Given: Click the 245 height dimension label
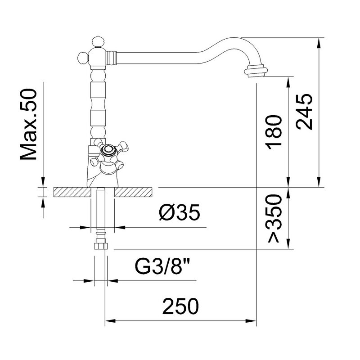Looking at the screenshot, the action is (x=304, y=112).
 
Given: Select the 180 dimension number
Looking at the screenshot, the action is (x=273, y=132).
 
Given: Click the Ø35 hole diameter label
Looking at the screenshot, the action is (x=180, y=212).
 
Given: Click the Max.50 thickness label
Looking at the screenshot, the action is (x=28, y=124).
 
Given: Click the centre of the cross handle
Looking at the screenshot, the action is (x=108, y=150).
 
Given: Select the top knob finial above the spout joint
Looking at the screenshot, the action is (x=98, y=41).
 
